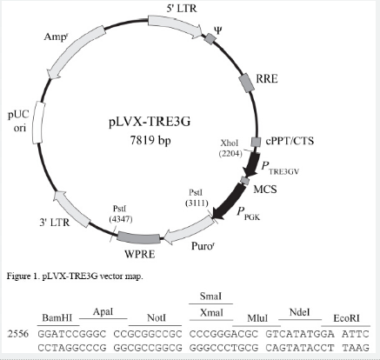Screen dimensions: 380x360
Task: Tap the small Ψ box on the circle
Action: point(210,38)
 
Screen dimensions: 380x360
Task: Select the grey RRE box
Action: point(247,83)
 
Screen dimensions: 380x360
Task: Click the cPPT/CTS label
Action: point(290,141)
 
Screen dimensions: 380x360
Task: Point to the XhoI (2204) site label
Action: point(230,148)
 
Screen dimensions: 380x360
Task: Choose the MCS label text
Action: point(265,190)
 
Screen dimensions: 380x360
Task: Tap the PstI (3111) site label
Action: point(197,197)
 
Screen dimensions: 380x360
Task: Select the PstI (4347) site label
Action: point(121,214)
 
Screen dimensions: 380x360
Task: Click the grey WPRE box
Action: point(138,238)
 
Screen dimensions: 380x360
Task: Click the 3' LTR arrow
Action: point(73,208)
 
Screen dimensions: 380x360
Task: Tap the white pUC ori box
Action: point(38,123)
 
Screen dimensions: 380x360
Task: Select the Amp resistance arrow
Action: point(76,51)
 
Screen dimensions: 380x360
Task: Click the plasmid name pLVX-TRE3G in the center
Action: point(150,122)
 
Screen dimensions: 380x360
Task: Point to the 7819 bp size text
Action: point(150,141)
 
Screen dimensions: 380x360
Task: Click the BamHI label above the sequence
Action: point(57,317)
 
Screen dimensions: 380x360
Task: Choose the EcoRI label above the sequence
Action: point(346,318)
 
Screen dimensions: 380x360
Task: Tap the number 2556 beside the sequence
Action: point(18,334)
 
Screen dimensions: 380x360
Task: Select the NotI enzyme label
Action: point(157,317)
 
